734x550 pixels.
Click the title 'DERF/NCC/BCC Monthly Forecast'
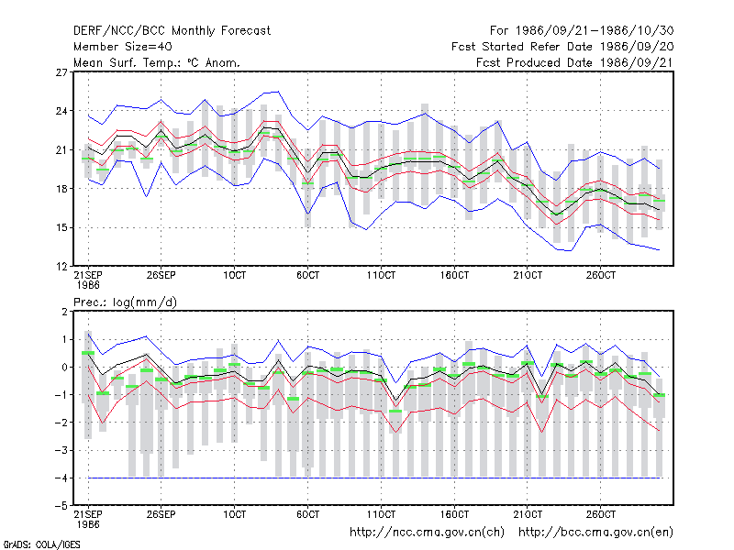pos(172,31)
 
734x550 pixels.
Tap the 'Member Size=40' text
pos(123,47)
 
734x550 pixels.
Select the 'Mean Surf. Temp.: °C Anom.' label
pos(156,62)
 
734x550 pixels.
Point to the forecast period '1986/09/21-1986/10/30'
pos(595,31)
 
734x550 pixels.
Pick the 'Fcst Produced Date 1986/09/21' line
pos(575,62)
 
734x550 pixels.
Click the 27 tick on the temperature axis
pos(61,72)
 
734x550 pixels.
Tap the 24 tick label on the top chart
pos(61,111)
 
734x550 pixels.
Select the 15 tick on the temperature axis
pos(61,227)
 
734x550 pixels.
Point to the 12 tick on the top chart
pos(61,267)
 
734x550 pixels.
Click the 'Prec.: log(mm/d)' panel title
pos(125,302)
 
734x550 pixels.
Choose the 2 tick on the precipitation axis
pos(64,312)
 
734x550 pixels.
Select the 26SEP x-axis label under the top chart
pos(161,275)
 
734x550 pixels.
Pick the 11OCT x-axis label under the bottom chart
pos(381,514)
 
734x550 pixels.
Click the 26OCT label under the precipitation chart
pos(601,514)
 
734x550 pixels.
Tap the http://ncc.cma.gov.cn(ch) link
pos(427,533)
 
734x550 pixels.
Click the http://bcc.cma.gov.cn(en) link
pos(595,533)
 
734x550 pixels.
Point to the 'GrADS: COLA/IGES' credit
pos(41,544)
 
